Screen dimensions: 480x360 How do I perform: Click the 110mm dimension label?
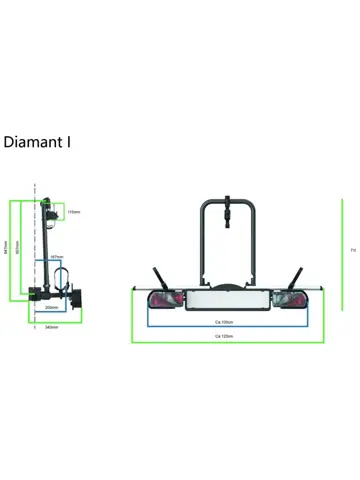click(x=74, y=212)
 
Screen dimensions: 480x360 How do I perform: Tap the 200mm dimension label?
click(x=52, y=308)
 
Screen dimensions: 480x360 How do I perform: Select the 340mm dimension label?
click(x=52, y=327)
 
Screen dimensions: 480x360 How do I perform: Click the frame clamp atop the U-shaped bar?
click(x=230, y=211)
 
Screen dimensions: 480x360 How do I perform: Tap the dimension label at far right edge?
click(x=353, y=250)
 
